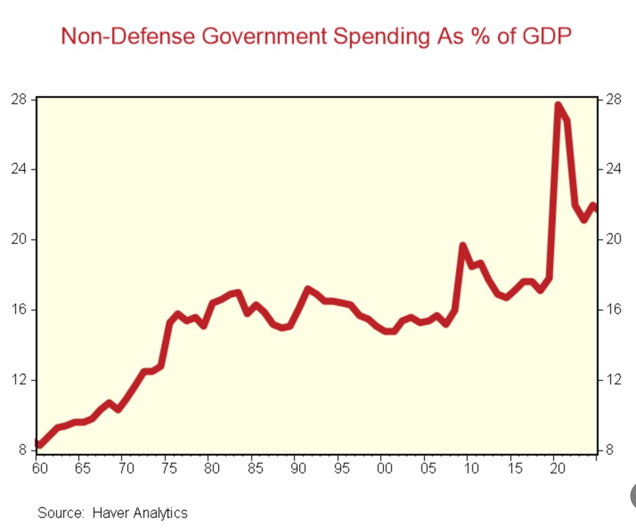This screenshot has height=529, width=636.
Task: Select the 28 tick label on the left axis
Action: (19, 99)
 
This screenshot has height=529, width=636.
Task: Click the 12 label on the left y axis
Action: (19, 380)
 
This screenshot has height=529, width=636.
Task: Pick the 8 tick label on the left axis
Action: (22, 450)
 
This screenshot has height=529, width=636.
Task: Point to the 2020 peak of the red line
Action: (558, 105)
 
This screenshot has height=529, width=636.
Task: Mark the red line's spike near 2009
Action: (463, 246)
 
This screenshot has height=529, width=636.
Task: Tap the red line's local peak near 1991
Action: (307, 289)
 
